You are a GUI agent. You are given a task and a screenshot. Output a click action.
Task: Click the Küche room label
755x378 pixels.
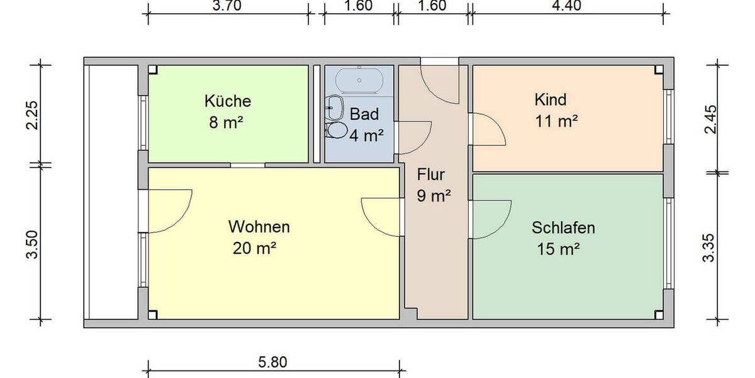[x=227, y=101]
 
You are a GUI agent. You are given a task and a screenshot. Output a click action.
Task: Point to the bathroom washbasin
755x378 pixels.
[x=335, y=105]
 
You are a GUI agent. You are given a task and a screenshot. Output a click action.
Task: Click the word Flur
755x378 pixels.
[x=431, y=175]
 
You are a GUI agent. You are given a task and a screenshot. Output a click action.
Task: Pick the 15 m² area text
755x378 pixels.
[x=558, y=249]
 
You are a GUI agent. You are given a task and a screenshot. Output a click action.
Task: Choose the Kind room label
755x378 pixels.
[x=551, y=100]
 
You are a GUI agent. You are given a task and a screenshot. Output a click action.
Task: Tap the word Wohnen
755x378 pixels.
[x=259, y=226]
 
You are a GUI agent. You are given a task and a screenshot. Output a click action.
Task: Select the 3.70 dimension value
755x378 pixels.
[x=226, y=6]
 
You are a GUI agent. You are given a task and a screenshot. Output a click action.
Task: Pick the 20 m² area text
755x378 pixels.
[x=255, y=248]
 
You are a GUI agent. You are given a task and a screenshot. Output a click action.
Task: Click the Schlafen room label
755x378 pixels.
[x=563, y=227]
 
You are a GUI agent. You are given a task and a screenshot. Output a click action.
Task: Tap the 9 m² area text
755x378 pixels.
[x=434, y=196]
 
